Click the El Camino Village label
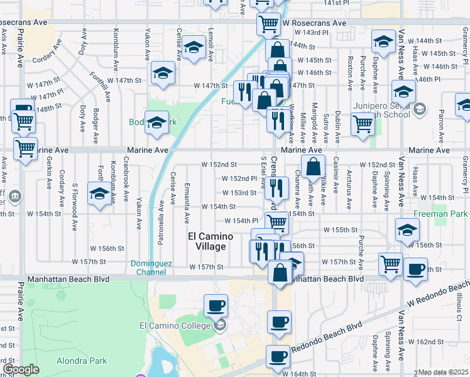coord(210,241)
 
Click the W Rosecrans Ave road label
coord(314,23)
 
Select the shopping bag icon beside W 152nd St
coord(313,167)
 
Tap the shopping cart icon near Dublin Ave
coord(363,124)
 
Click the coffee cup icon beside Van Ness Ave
coord(414,268)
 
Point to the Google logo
coord(21,370)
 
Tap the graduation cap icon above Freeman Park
coord(407,229)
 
